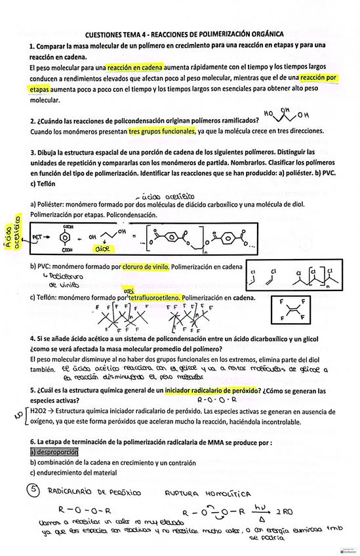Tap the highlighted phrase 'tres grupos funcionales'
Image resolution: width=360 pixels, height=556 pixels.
[x=161, y=131]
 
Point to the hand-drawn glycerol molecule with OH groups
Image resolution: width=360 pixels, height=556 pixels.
[x=286, y=114]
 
